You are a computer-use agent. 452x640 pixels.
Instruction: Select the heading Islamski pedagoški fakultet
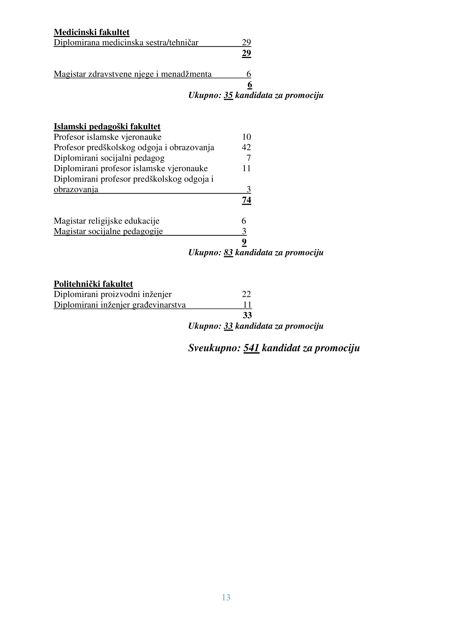(x=107, y=127)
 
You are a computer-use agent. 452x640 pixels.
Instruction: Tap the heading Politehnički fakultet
(x=93, y=284)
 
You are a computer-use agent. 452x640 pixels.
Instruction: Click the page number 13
(x=226, y=597)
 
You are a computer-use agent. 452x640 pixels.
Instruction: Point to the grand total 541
(x=251, y=348)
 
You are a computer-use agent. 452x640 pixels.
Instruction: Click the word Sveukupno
(x=214, y=348)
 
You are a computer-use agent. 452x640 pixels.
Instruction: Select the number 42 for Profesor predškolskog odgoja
(x=246, y=147)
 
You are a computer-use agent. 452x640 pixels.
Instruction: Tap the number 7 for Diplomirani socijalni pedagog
(x=248, y=158)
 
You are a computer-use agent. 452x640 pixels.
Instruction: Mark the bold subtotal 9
(x=244, y=242)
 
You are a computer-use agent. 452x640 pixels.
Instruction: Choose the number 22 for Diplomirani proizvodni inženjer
(x=246, y=294)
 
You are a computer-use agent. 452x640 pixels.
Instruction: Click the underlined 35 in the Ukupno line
(x=228, y=95)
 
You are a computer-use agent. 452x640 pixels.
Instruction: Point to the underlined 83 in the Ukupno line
(x=228, y=252)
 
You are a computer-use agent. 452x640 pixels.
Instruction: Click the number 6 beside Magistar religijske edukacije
(x=244, y=221)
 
